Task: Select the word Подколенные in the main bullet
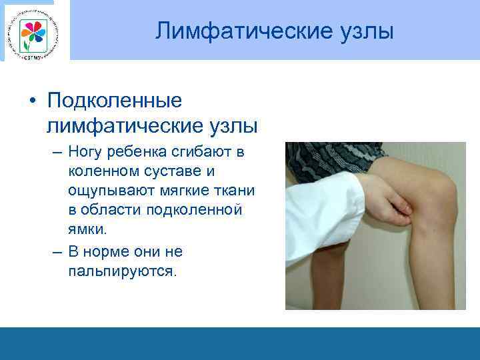click(115, 101)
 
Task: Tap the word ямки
click(87, 229)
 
